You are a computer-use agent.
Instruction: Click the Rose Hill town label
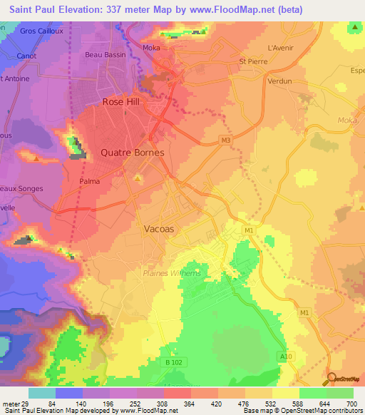pyautogui.click(x=123, y=102)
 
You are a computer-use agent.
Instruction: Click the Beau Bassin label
pyautogui.click(x=105, y=55)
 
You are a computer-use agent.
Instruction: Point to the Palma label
pyautogui.click(x=89, y=181)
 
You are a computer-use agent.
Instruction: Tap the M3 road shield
pyautogui.click(x=226, y=140)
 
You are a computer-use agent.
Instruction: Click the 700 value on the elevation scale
pyautogui.click(x=352, y=403)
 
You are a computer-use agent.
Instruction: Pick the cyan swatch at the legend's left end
pyautogui.click(x=41, y=393)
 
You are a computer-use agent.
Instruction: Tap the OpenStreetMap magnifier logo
pyautogui.click(x=331, y=379)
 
